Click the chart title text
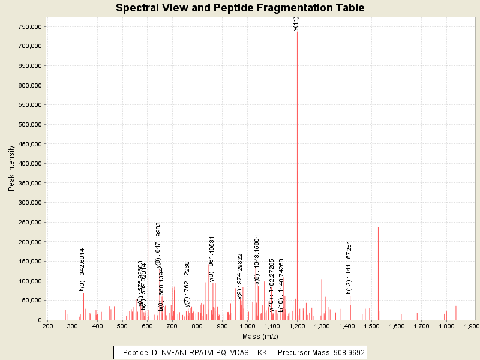tap(240, 8)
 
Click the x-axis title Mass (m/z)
tap(260, 336)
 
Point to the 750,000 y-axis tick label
tap(29, 27)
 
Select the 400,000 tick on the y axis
tap(29, 164)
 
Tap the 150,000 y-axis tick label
tap(29, 262)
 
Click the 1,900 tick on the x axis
tap(471, 326)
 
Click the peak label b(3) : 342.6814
tap(82, 269)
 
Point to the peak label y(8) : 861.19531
tap(212, 259)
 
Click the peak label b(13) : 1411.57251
tap(349, 267)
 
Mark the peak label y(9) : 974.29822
tap(240, 276)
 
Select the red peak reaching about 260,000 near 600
tap(148, 270)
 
